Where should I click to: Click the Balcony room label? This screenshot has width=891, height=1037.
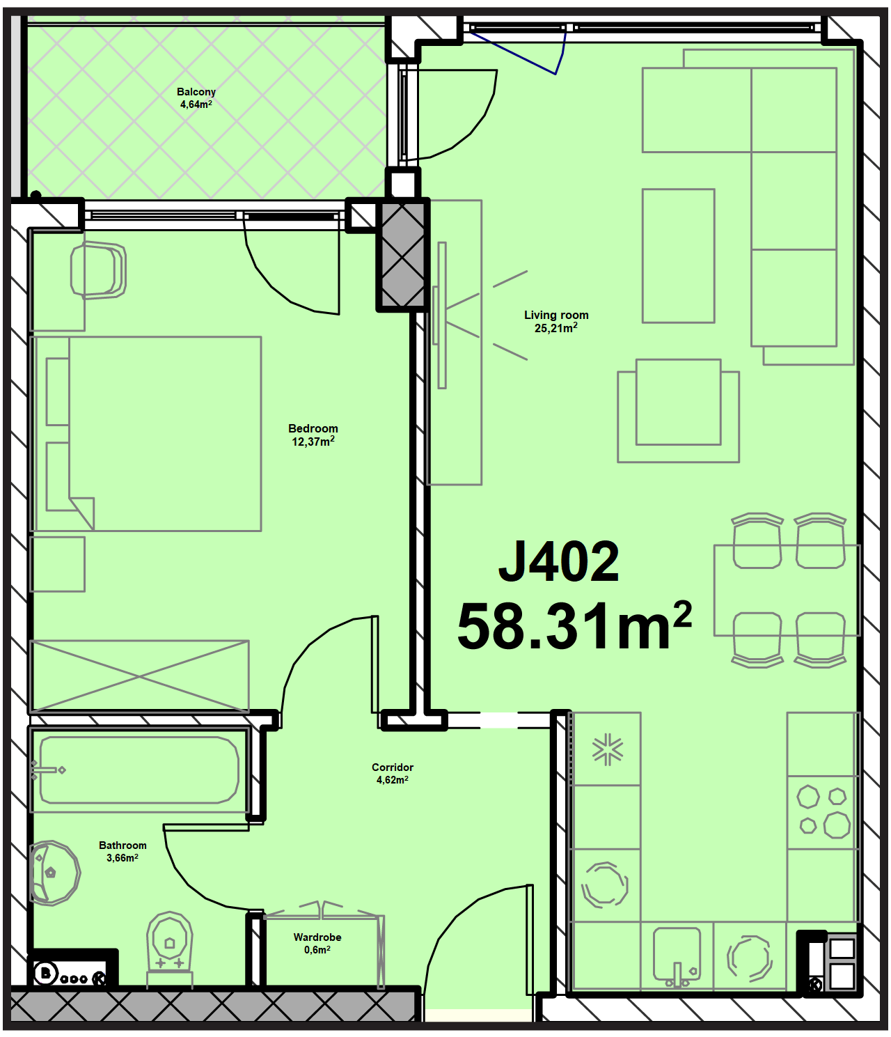pyautogui.click(x=196, y=92)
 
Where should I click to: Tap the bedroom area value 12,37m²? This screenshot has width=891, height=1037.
pyautogui.click(x=313, y=442)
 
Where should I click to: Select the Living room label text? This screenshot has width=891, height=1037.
pyautogui.click(x=556, y=315)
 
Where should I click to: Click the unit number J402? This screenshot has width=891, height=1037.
pyautogui.click(x=558, y=561)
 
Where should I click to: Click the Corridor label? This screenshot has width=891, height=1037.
pyautogui.click(x=392, y=767)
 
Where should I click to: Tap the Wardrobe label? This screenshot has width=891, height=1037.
pyautogui.click(x=317, y=937)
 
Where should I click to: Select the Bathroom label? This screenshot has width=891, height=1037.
pyautogui.click(x=123, y=845)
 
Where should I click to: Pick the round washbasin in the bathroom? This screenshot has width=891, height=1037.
pyautogui.click(x=54, y=873)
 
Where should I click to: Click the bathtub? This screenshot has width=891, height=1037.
pyautogui.click(x=139, y=770)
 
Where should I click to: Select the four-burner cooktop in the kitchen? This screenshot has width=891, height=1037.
pyautogui.click(x=823, y=812)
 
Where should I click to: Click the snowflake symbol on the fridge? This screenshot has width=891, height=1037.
pyautogui.click(x=607, y=750)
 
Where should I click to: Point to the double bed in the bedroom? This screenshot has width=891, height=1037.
pyautogui.click(x=146, y=433)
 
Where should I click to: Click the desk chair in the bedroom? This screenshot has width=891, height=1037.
pyautogui.click(x=97, y=271)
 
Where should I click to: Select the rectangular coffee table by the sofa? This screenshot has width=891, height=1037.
pyautogui.click(x=678, y=256)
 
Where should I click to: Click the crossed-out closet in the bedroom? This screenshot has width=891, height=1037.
pyautogui.click(x=140, y=676)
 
